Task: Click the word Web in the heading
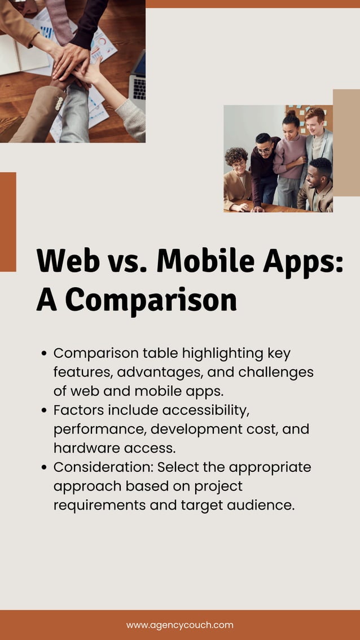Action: [x=62, y=261]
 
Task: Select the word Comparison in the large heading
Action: [x=151, y=300]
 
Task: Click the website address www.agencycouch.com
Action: [x=179, y=625]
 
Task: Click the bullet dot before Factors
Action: [x=45, y=410]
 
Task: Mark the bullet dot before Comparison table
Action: [x=45, y=354]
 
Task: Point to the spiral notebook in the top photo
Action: [x=20, y=56]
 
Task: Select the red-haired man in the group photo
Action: [x=317, y=135]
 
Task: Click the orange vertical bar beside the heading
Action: [x=8, y=222]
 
